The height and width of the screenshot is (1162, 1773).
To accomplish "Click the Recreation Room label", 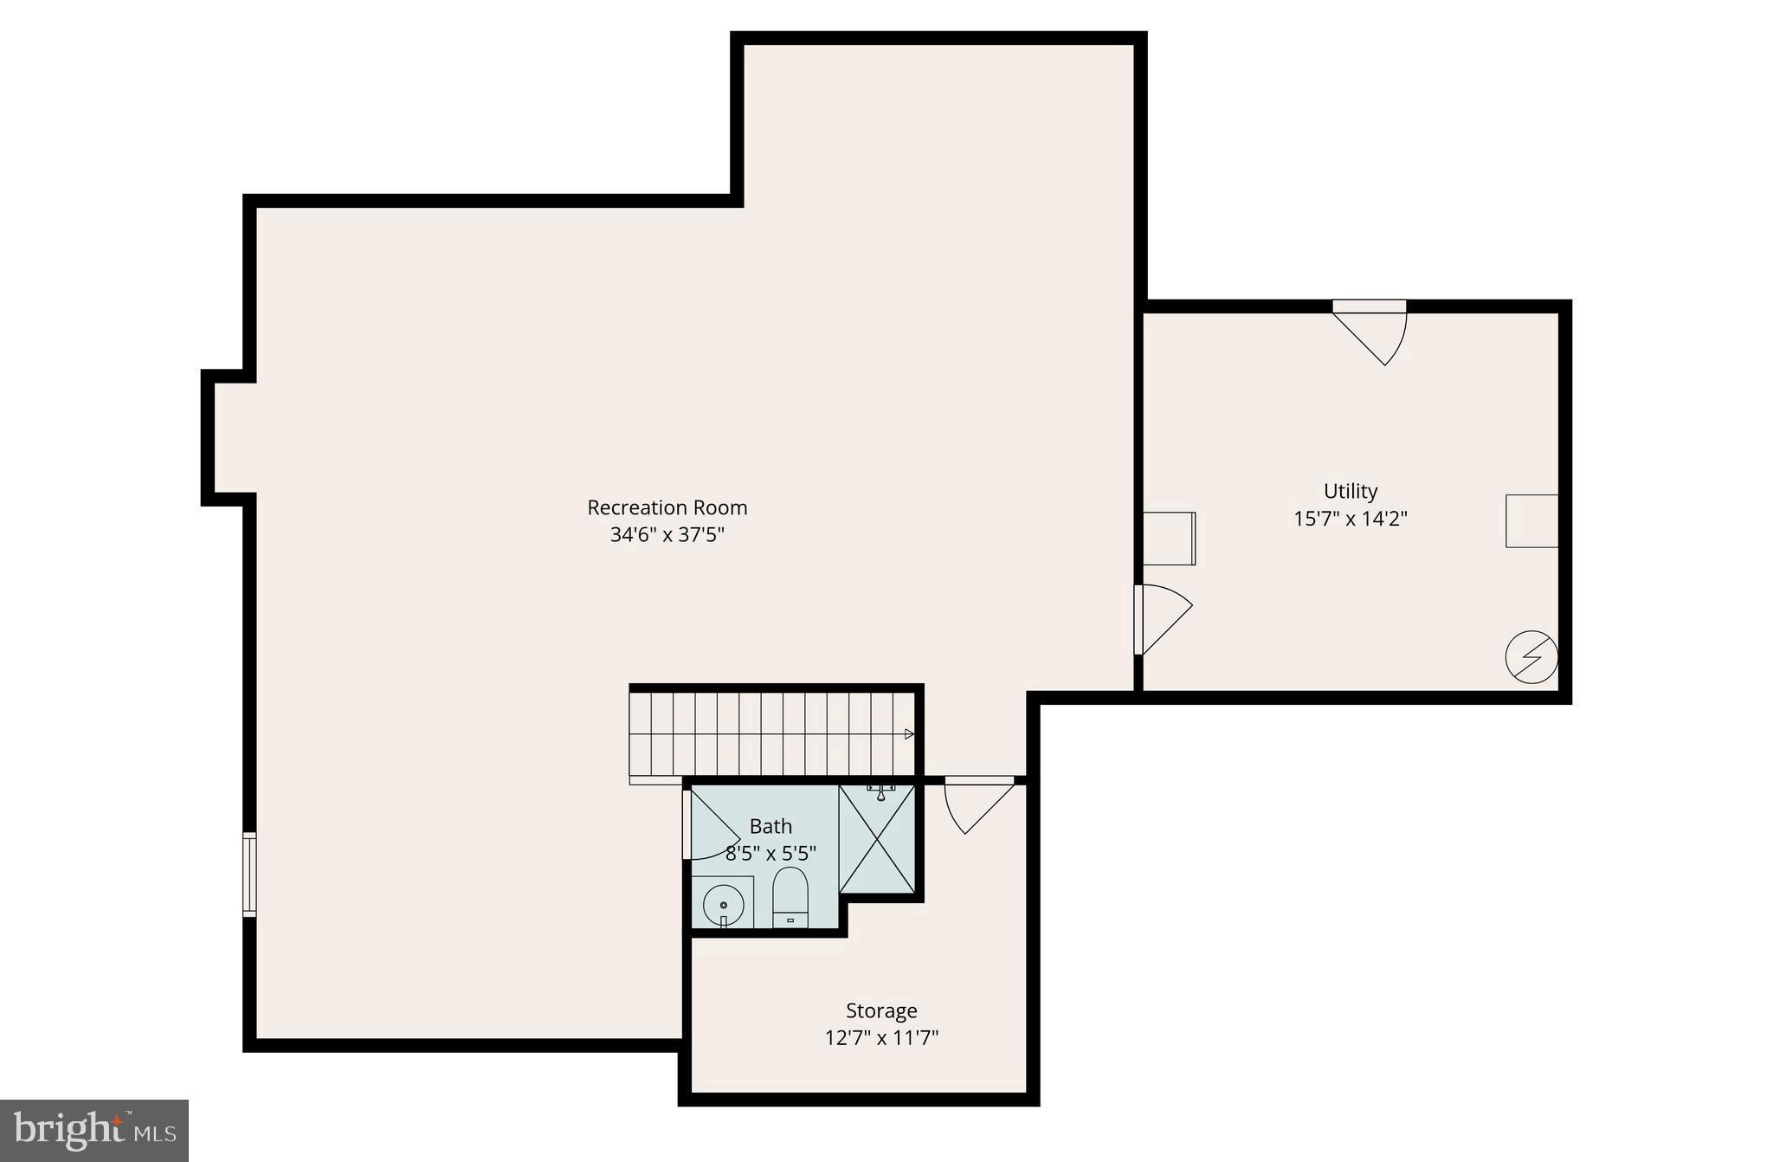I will pyautogui.click(x=667, y=507).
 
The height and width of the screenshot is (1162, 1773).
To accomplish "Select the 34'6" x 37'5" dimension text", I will pyautogui.click(x=667, y=535).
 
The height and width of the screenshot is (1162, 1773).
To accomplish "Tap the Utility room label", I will pyautogui.click(x=1350, y=491).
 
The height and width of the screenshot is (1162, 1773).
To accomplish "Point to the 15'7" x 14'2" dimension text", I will pyautogui.click(x=1350, y=519).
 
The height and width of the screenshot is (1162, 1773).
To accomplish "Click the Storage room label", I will pyautogui.click(x=881, y=1010).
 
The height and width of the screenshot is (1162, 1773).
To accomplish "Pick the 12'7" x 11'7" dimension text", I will pyautogui.click(x=881, y=1037).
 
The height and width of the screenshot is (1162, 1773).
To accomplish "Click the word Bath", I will pyautogui.click(x=770, y=826).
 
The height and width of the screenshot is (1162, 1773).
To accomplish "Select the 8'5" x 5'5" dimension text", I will pyautogui.click(x=770, y=854).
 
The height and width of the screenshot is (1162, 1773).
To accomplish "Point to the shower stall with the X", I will pyautogui.click(x=877, y=838).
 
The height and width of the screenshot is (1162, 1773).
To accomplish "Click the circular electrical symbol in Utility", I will pyautogui.click(x=1531, y=657).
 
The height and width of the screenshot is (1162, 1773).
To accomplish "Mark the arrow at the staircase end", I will pyautogui.click(x=909, y=734).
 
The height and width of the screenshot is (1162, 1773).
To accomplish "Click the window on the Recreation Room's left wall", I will pyautogui.click(x=249, y=874).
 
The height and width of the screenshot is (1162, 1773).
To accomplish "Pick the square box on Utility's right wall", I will pyautogui.click(x=1531, y=520).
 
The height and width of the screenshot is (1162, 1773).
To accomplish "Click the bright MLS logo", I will pyautogui.click(x=94, y=1130).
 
